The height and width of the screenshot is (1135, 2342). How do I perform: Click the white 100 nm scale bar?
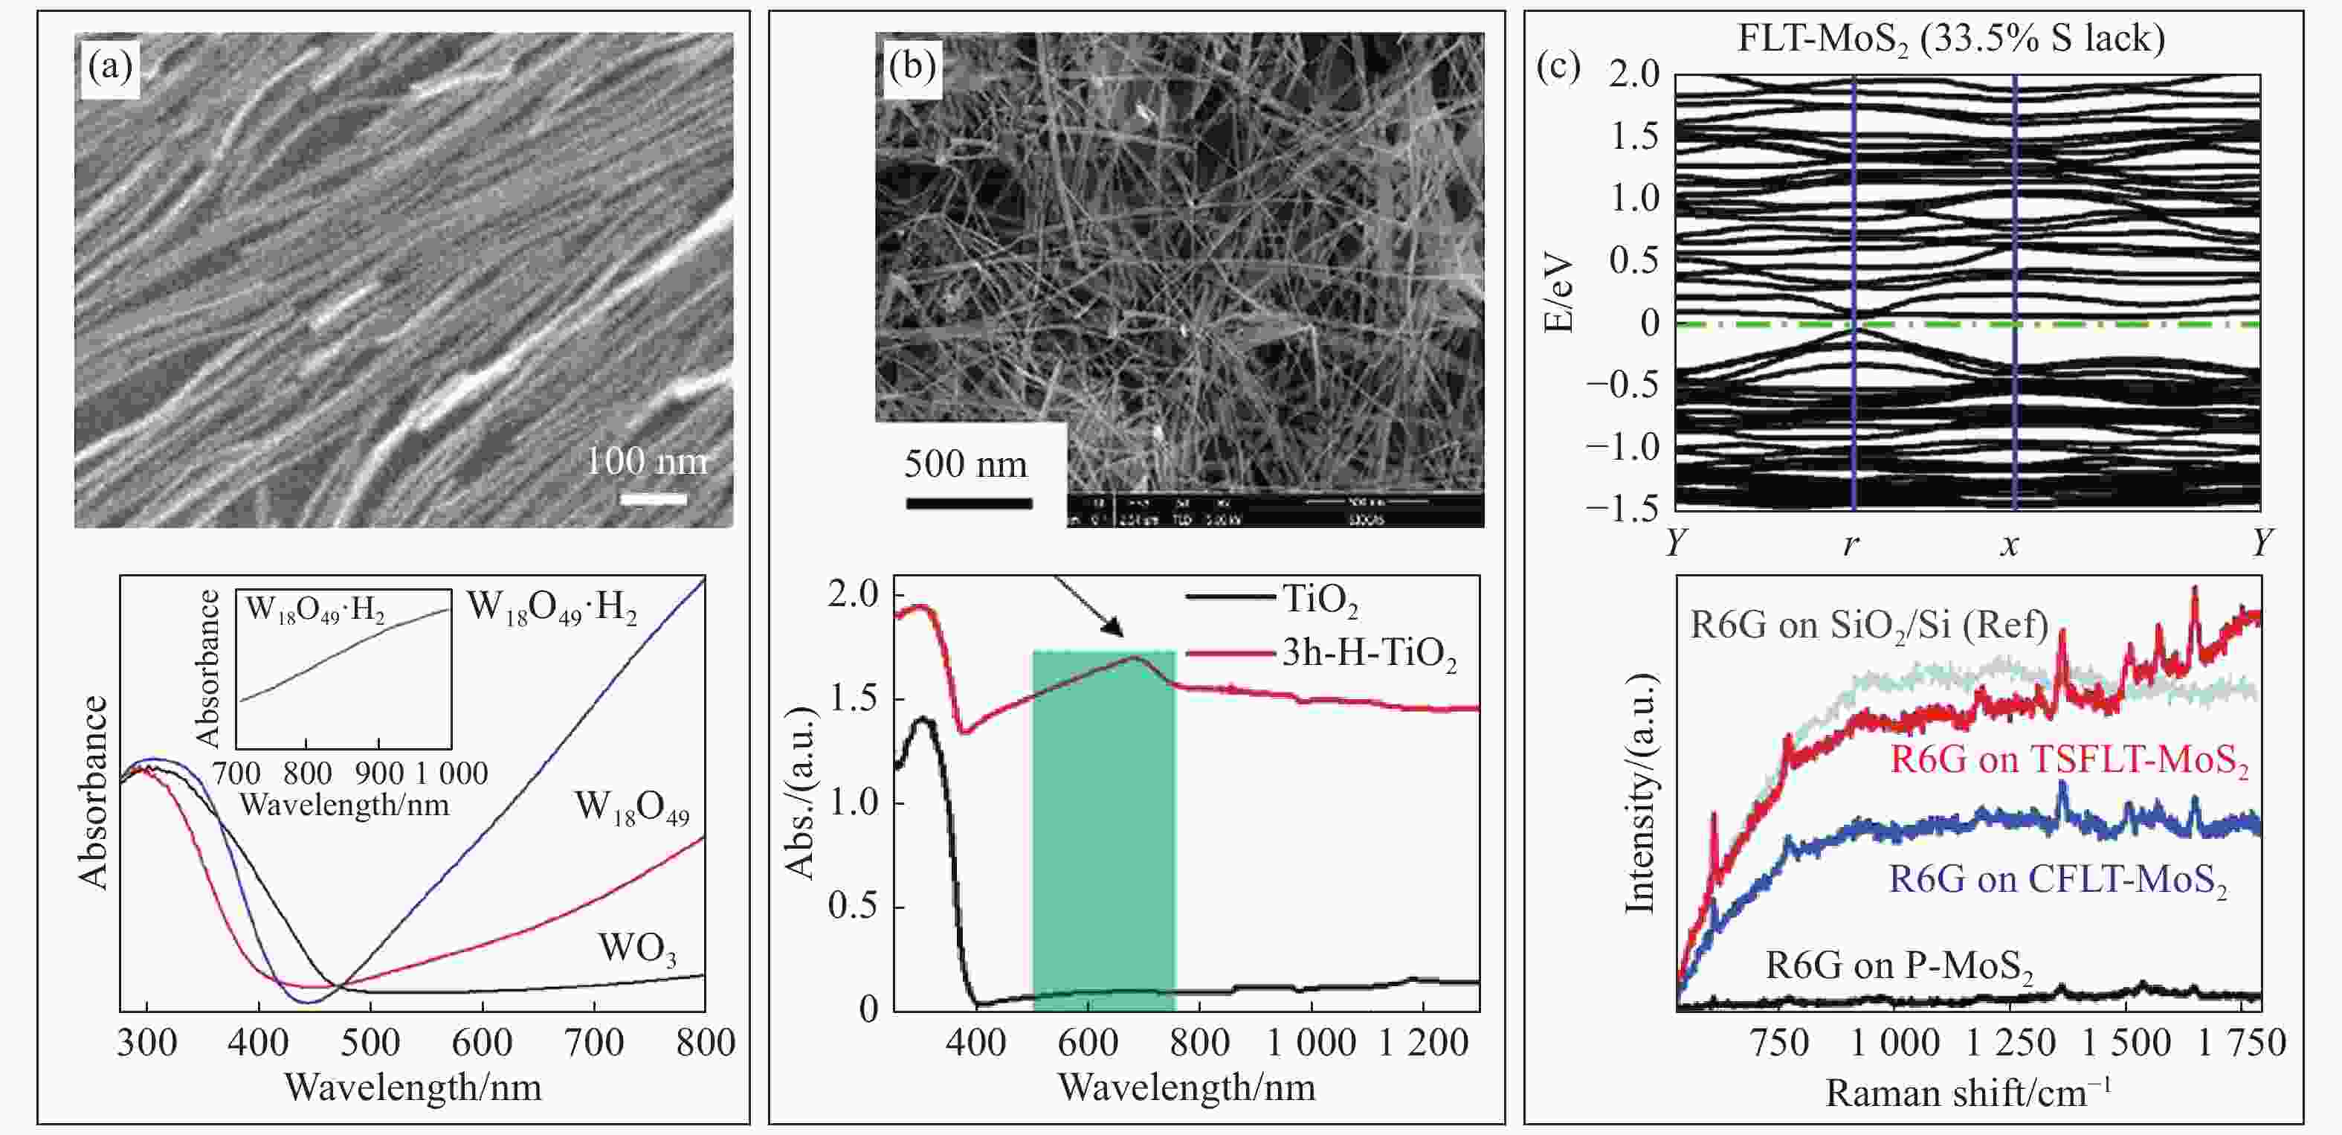(x=653, y=498)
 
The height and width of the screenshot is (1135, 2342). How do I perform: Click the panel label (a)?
(x=110, y=66)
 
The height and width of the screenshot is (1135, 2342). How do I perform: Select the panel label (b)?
(x=912, y=66)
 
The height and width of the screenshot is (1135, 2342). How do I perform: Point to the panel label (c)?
(x=1558, y=66)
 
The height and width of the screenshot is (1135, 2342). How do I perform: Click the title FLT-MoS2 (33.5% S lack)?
(x=1951, y=38)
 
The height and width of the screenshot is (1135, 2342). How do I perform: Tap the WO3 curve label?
(x=637, y=948)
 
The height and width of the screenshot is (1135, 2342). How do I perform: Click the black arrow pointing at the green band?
(x=1088, y=607)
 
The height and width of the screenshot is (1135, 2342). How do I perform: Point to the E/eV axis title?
(x=1558, y=292)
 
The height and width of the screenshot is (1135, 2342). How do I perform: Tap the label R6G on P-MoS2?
(x=1898, y=966)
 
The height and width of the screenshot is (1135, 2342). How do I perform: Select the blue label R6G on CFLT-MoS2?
(x=2058, y=881)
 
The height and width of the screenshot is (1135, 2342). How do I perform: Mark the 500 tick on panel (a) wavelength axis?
(x=370, y=1042)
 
